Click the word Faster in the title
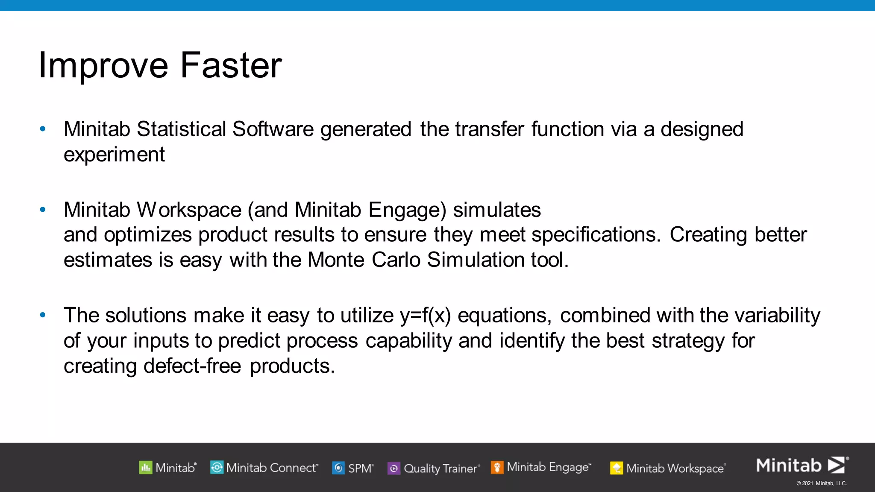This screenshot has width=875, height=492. pyautogui.click(x=231, y=65)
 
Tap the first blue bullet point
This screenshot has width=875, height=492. pyautogui.click(x=42, y=129)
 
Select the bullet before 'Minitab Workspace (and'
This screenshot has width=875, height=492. pyautogui.click(x=42, y=209)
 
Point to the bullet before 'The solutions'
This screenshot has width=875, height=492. pyautogui.click(x=42, y=315)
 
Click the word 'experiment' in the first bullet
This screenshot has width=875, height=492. pyautogui.click(x=114, y=155)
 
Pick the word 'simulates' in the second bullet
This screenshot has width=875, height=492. pyautogui.click(x=496, y=210)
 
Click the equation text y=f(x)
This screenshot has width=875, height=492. pyautogui.click(x=425, y=316)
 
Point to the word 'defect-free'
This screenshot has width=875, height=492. pyautogui.click(x=192, y=366)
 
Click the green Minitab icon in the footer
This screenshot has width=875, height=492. pyautogui.click(x=146, y=468)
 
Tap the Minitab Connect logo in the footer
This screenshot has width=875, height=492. pyautogui.click(x=217, y=468)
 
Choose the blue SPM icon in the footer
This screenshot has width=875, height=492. pyautogui.click(x=338, y=468)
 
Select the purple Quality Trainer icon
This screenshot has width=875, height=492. pyautogui.click(x=393, y=469)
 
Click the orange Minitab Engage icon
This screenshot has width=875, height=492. pyautogui.click(x=497, y=467)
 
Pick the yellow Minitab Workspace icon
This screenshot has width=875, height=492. pyautogui.click(x=616, y=468)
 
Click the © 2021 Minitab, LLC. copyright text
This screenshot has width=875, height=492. pyautogui.click(x=821, y=483)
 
